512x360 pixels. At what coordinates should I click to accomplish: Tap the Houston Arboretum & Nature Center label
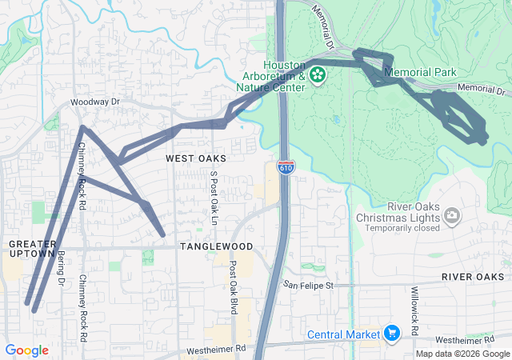273,76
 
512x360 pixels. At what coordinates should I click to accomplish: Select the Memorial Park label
420,72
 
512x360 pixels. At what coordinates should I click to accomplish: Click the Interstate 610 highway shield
286,167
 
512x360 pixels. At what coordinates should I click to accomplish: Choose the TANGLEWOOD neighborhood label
216,246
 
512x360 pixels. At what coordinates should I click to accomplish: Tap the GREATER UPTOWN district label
32,248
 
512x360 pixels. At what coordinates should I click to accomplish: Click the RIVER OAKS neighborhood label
473,277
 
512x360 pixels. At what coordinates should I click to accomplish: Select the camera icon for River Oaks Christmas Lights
453,214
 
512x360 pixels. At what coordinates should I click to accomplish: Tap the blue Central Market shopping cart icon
391,333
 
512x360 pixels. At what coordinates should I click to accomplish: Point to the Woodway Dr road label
94,102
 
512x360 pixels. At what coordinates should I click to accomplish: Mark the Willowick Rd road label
414,310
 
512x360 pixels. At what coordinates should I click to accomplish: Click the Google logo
26,350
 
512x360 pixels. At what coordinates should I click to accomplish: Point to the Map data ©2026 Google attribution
462,354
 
